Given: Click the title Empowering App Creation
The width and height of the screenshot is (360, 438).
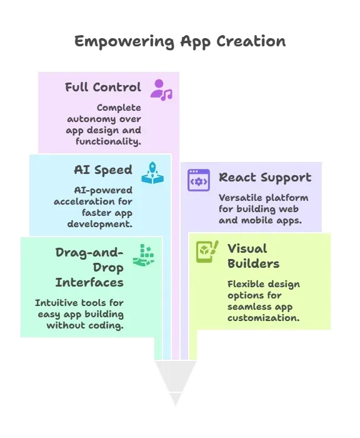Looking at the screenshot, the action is pos(180,42).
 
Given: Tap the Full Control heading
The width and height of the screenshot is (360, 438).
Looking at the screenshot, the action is pos(102,87).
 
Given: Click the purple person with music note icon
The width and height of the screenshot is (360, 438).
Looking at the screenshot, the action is pos(161,90).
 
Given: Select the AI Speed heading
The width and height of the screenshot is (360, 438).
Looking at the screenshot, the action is pos(103,170).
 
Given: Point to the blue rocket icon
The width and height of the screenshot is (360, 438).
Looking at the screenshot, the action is pos(152,173).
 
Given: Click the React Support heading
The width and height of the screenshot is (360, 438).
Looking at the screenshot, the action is pos(265,178).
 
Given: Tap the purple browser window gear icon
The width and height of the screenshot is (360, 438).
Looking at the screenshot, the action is pos(198,180).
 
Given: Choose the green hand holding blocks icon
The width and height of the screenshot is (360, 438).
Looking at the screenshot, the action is pos(144,255).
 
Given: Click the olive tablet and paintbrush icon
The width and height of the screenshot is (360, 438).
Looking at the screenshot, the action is pos(207,252).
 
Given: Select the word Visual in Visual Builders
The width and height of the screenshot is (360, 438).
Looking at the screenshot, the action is pos(247,248).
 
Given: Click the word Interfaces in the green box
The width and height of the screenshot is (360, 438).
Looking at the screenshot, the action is pos(89,282).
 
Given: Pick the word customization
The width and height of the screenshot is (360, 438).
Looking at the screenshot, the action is pos(264,318).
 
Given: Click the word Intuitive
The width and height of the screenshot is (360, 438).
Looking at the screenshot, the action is pos(56,303).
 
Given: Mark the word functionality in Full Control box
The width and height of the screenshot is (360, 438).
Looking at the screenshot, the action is pos(108,141).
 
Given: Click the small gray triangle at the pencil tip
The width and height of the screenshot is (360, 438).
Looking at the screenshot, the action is pos(176,397).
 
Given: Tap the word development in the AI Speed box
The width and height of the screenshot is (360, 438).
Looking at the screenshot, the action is pos(99,224).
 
